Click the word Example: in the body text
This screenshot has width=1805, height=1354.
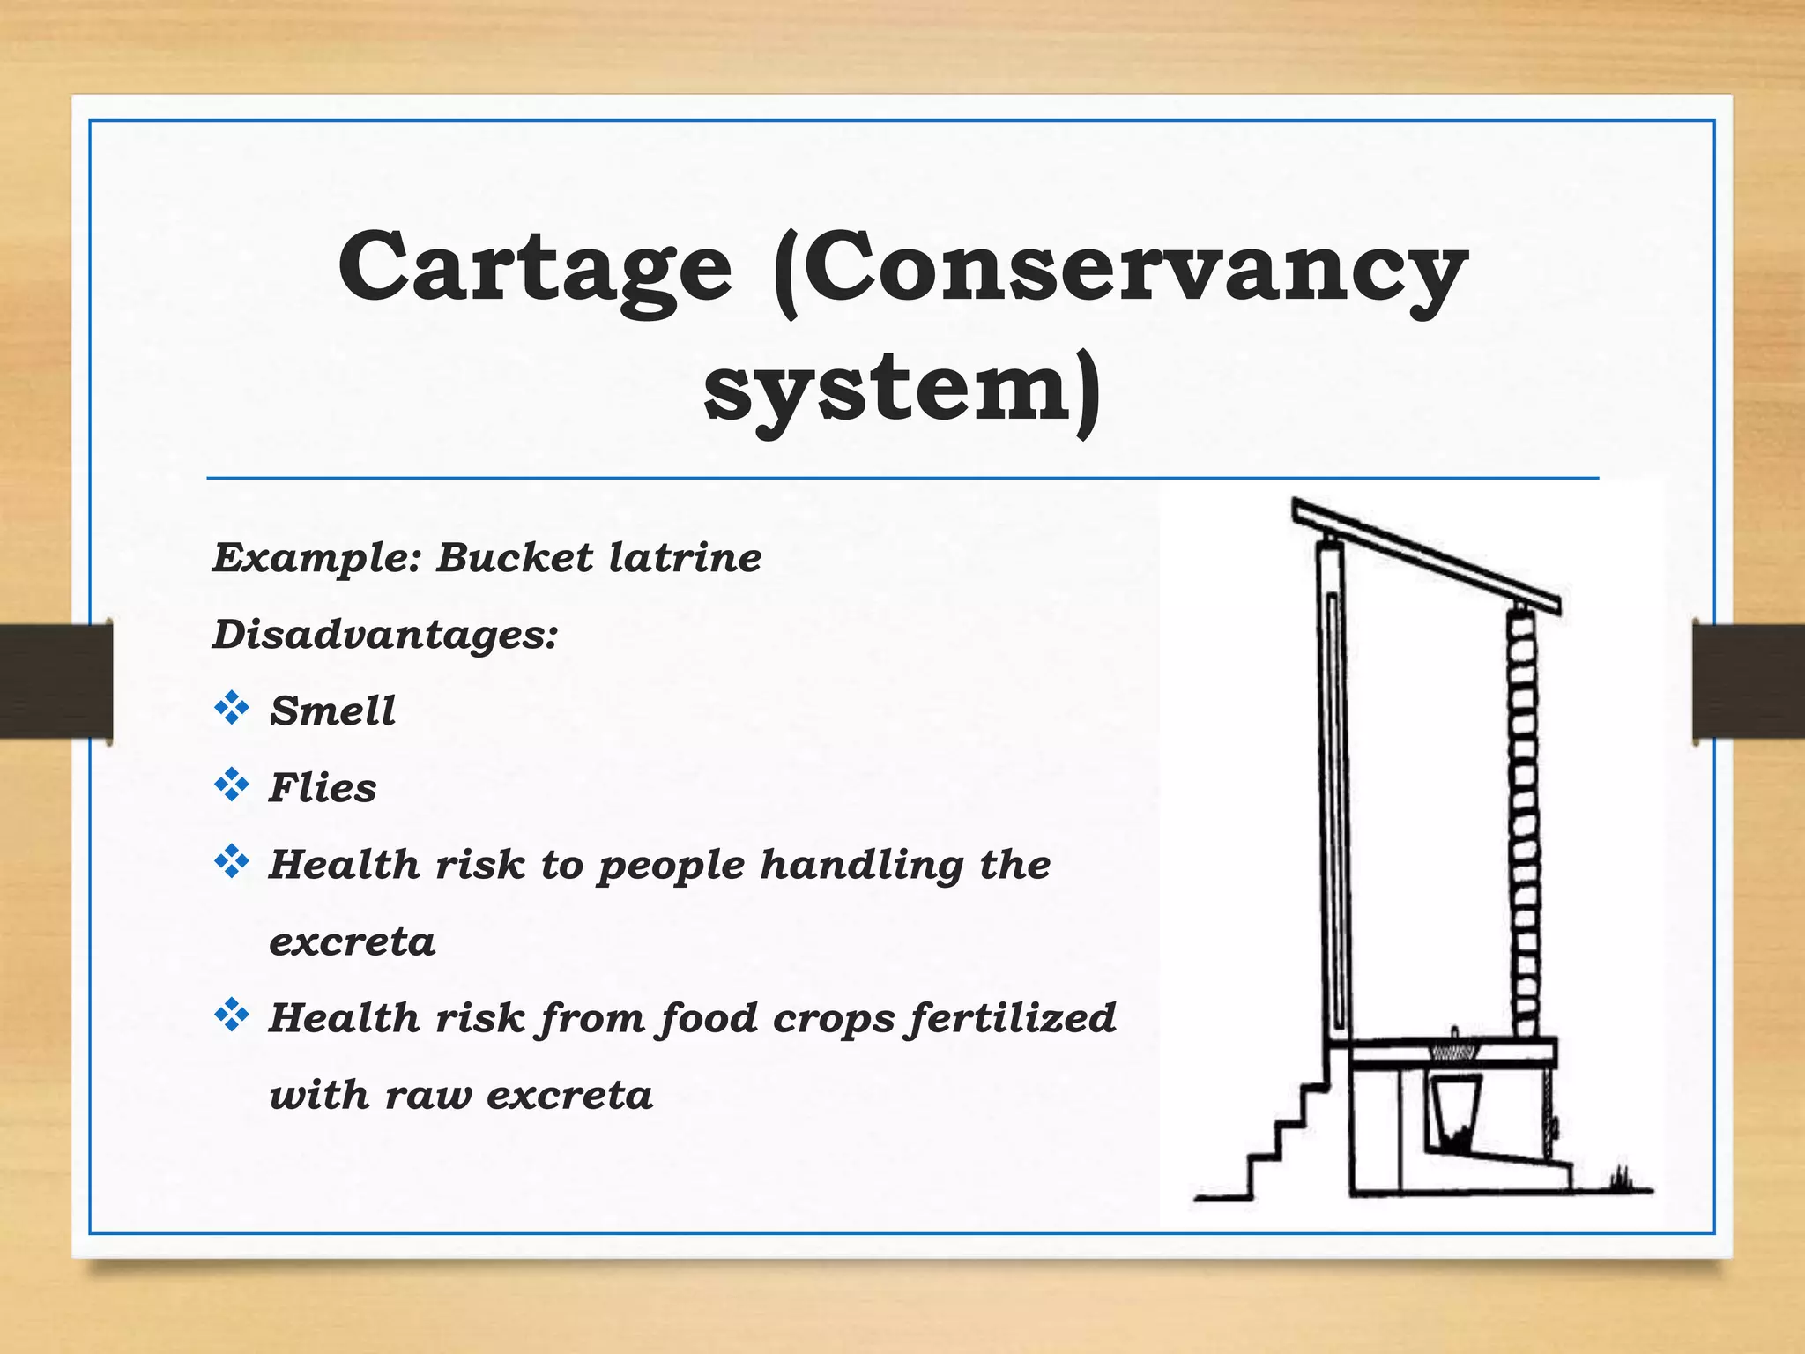coord(317,558)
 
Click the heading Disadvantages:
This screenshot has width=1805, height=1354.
coord(385,635)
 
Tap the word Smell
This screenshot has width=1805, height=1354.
coord(332,711)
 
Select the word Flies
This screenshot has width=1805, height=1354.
coord(323,788)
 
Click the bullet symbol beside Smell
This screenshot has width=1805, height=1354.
coord(231,708)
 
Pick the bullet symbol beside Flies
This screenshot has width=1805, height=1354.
coord(231,785)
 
